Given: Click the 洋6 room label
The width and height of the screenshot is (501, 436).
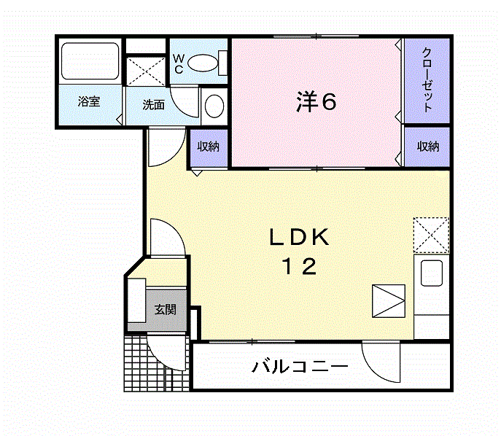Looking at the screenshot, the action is (316, 101).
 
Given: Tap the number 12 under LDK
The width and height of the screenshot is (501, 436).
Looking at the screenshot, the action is (300, 266).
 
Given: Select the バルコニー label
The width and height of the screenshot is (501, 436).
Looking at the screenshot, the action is (300, 367).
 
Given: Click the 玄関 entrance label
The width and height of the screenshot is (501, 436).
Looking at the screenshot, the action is (166, 309).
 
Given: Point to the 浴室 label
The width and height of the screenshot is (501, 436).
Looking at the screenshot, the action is (89, 101).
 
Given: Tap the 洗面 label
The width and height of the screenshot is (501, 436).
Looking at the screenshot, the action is (153, 105).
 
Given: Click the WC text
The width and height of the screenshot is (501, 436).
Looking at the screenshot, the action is (179, 64).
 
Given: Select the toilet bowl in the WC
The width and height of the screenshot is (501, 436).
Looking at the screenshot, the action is (202, 63).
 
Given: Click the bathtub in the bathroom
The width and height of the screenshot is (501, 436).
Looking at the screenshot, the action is (90, 61).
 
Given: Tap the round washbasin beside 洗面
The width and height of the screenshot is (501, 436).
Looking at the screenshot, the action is (214, 106).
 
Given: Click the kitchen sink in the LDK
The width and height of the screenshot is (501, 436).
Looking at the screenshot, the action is (432, 273).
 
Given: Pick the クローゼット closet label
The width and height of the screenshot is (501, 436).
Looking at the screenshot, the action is (427, 80).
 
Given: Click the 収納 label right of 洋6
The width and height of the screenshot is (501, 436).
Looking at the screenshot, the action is (428, 147).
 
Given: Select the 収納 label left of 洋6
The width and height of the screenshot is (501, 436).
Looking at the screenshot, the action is (208, 147).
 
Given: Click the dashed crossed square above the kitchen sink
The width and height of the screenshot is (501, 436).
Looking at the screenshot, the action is (431, 235).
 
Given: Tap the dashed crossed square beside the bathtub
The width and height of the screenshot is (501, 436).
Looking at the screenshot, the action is (146, 71).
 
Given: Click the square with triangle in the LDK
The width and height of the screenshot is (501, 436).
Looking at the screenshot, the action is (389, 301).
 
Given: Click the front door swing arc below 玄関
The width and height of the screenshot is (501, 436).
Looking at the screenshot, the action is (160, 359).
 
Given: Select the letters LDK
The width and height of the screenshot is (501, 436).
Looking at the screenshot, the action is (300, 237).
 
